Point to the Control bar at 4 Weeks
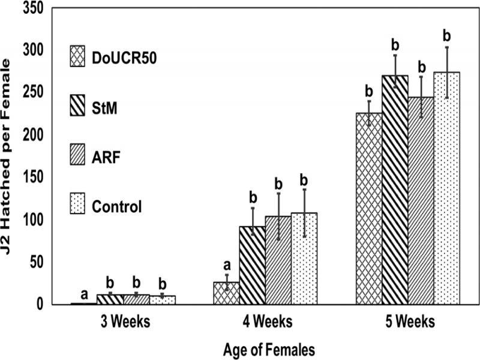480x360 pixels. [304, 258]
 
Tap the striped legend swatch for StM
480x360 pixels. [77, 106]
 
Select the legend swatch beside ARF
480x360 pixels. [77, 157]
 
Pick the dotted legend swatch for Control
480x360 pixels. [77, 207]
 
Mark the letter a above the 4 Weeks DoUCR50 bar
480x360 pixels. [226, 265]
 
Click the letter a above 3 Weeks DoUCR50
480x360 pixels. [85, 294]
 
